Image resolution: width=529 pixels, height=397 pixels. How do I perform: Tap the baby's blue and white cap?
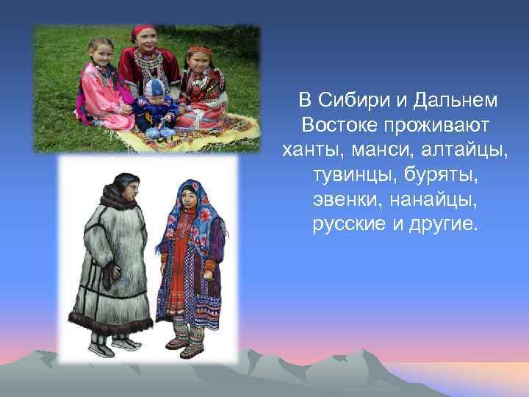[x=154, y=87]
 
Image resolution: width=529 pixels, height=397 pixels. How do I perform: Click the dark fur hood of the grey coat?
[x=118, y=195]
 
